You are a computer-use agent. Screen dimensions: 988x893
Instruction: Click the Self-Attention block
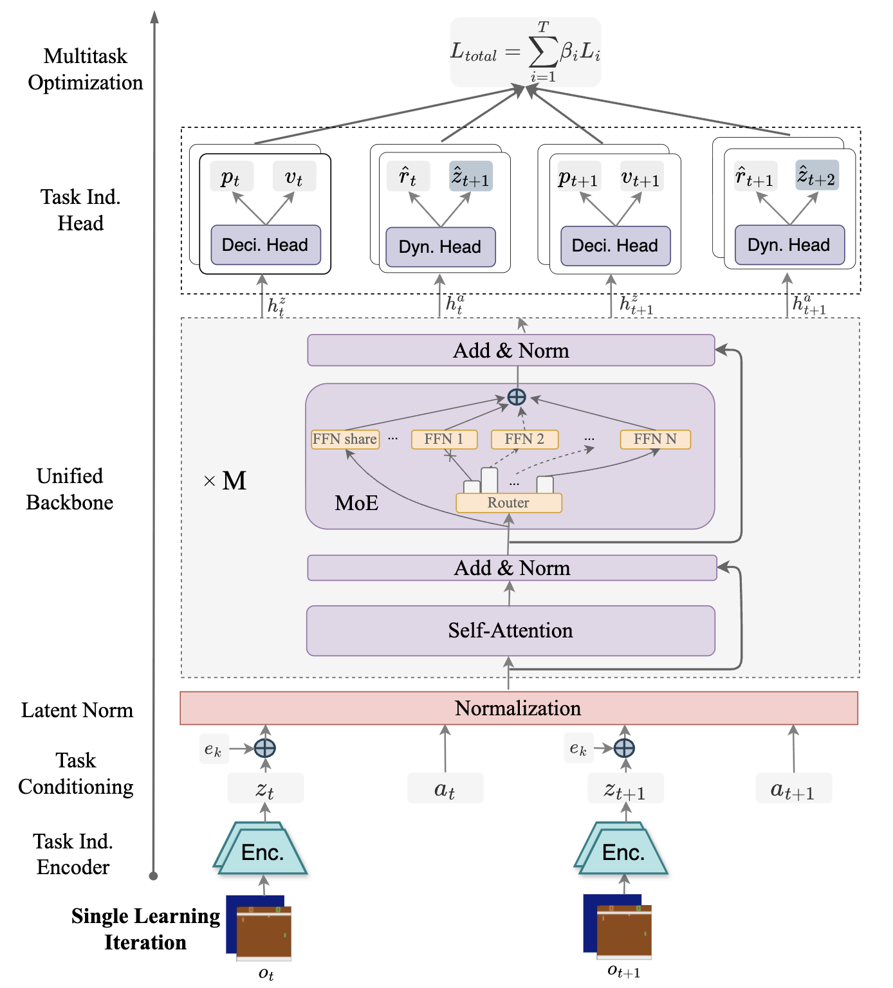[x=510, y=630]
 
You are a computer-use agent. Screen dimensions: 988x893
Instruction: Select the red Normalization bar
[x=518, y=708]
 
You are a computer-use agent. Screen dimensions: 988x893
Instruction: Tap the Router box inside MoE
[x=508, y=503]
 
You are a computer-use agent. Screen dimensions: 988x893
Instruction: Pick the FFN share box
[x=345, y=439]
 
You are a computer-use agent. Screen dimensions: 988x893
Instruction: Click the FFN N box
[x=655, y=439]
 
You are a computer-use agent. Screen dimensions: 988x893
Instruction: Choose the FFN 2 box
[x=524, y=439]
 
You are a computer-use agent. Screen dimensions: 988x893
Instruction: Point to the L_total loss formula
[x=525, y=52]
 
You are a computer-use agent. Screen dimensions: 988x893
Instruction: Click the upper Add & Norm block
[x=511, y=351]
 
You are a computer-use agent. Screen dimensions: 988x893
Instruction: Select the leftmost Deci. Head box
[x=265, y=245]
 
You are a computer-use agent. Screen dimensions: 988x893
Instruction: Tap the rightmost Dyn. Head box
[x=789, y=245]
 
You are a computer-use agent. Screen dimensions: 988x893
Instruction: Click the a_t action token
[x=445, y=789]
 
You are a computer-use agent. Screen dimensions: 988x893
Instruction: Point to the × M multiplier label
[x=225, y=481]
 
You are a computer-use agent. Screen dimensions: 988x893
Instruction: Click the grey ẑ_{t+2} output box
[x=816, y=176]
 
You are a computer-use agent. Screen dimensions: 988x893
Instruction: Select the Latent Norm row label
[x=77, y=710]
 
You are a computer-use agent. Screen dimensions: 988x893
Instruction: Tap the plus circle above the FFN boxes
[x=517, y=397]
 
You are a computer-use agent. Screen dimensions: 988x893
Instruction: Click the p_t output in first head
[x=231, y=177]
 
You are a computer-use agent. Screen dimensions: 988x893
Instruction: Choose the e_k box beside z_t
[x=213, y=749]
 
